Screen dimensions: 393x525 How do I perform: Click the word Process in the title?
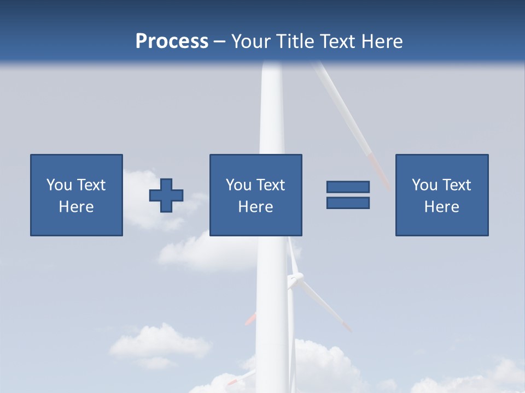172,41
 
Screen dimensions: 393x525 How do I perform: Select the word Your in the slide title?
250,41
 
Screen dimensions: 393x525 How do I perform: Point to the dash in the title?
220,42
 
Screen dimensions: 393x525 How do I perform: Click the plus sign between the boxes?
166,195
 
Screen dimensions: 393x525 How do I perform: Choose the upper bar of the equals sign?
348,187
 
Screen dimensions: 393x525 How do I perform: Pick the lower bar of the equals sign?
348,203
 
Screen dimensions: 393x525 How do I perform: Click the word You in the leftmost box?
60,185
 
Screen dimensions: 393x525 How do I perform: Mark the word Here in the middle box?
256,207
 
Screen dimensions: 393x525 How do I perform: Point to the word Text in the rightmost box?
457,185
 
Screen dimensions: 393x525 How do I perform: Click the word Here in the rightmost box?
442,207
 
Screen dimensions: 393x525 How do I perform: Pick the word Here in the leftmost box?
77,207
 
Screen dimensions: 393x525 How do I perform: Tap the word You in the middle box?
239,185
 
